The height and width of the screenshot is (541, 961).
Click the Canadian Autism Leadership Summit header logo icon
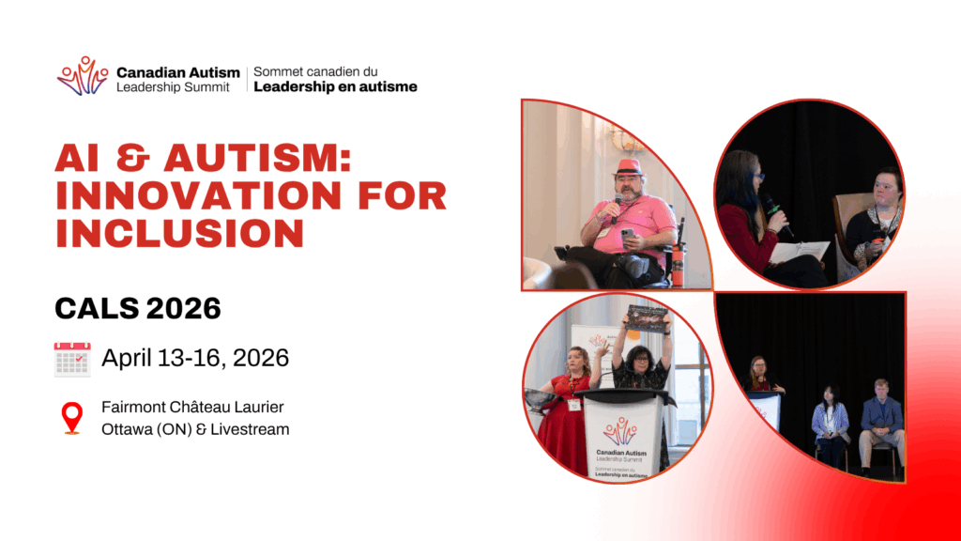tap(83, 76)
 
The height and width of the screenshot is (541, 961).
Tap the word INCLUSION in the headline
tap(179, 234)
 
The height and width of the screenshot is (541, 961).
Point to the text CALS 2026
tap(138, 308)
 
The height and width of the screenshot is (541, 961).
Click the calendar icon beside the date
tap(72, 359)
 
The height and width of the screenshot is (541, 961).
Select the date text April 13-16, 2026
tap(195, 358)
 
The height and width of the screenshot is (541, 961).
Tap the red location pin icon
tap(71, 418)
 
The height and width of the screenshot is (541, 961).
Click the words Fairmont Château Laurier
tap(192, 408)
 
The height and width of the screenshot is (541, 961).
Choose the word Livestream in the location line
tap(250, 429)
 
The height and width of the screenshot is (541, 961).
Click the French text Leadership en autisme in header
tap(335, 87)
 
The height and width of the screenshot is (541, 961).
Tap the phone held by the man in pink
tap(627, 236)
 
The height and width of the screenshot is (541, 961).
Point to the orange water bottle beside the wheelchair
tap(678, 266)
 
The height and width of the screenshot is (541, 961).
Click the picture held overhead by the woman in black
tap(646, 319)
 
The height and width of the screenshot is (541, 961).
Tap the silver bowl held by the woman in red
tap(540, 398)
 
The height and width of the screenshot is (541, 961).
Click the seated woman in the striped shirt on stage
tap(831, 426)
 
